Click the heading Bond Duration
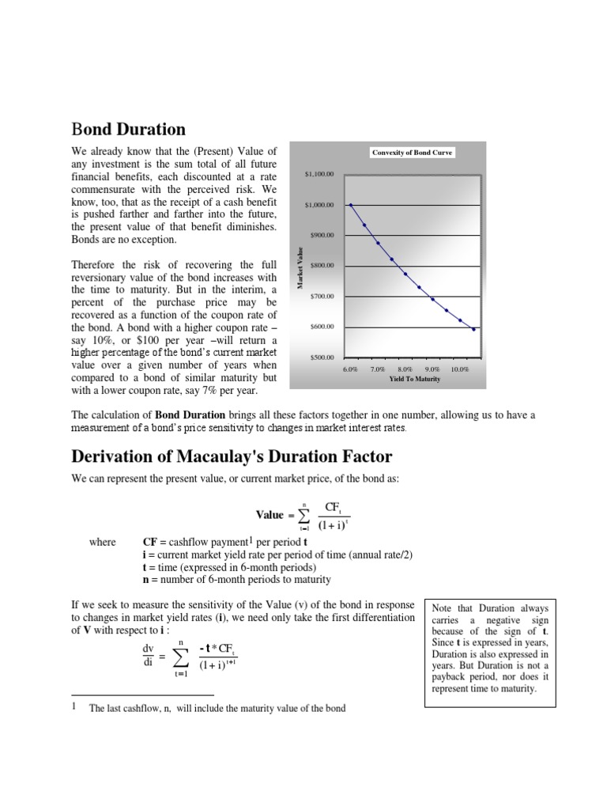click(x=128, y=129)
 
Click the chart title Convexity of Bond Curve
click(x=413, y=152)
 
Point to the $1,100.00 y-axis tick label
click(x=319, y=174)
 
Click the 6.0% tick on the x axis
click(x=350, y=369)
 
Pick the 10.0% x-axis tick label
click(x=459, y=369)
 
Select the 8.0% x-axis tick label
click(x=405, y=369)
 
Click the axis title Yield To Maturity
click(x=414, y=379)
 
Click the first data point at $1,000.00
click(x=350, y=205)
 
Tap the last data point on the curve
click(x=473, y=329)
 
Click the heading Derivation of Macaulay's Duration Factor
click(x=231, y=456)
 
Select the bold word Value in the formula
click(x=270, y=514)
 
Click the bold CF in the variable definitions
click(x=149, y=542)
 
